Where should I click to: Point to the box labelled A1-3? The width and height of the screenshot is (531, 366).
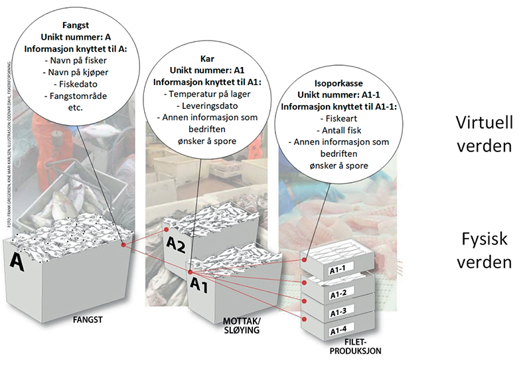[344, 312]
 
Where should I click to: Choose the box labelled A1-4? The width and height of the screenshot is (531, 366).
[344, 331]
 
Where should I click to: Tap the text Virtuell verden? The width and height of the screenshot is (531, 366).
[483, 133]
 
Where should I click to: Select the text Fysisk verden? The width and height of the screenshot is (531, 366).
[483, 250]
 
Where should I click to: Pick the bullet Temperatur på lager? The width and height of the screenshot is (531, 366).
[208, 94]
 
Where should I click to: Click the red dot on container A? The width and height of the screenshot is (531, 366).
[123, 244]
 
